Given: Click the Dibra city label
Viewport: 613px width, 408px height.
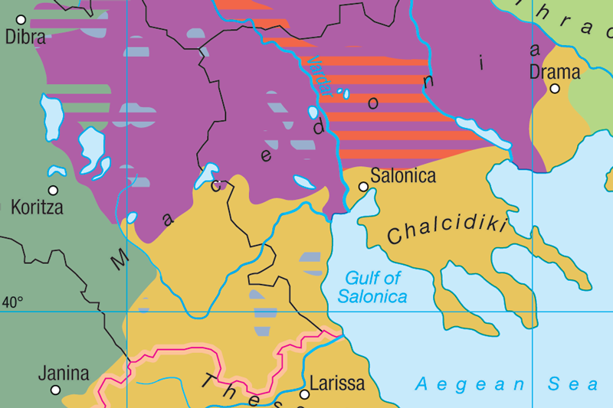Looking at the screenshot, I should [26, 37].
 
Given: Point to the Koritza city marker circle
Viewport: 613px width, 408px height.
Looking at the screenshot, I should [53, 191].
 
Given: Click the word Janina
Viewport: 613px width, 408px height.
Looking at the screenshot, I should [64, 374].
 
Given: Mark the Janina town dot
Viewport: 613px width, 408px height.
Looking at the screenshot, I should [55, 390].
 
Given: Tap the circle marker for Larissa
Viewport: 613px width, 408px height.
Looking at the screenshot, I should [304, 395].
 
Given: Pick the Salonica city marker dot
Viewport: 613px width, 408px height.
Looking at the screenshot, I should [363, 186].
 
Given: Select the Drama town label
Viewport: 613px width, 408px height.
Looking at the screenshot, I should [555, 73].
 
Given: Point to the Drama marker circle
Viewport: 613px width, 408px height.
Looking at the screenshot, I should [555, 89].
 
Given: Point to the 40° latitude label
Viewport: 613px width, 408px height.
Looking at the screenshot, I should [12, 302].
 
